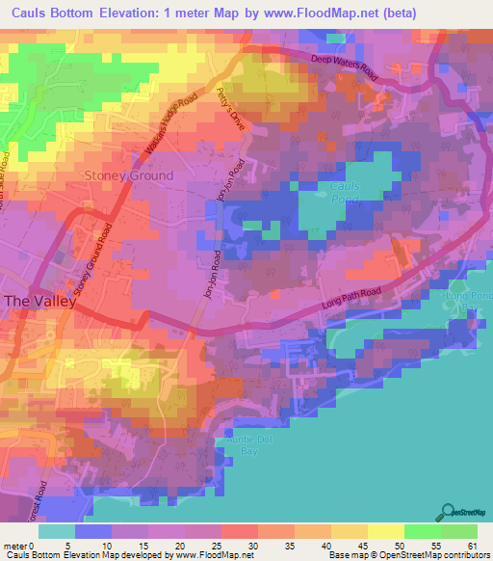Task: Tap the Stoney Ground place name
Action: (x=130, y=175)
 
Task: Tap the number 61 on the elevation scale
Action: (x=473, y=547)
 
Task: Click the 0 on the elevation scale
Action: (x=39, y=547)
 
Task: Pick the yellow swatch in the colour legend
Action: (x=386, y=531)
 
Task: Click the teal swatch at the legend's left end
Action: (x=57, y=531)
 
